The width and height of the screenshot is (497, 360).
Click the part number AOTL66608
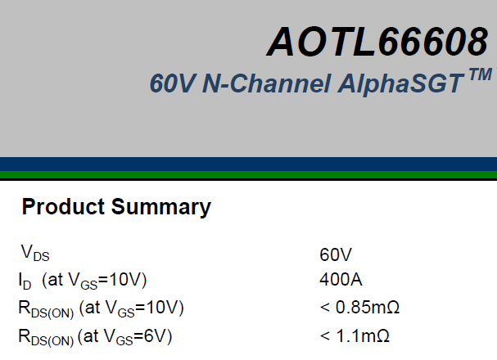(377, 42)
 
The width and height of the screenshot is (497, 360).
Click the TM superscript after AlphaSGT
(481, 75)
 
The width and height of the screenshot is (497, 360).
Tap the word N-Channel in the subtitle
(267, 83)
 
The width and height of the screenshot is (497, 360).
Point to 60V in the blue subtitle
(173, 83)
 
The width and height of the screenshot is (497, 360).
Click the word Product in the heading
(63, 206)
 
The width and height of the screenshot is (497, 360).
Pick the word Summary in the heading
(161, 207)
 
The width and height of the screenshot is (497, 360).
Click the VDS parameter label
(35, 253)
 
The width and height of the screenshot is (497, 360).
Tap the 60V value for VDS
(336, 254)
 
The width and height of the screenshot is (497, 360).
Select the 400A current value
(341, 280)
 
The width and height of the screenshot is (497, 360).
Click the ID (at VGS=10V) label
(83, 281)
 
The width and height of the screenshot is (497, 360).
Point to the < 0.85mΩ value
(359, 308)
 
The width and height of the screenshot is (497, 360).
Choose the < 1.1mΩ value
(355, 335)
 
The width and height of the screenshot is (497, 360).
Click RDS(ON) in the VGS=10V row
(46, 308)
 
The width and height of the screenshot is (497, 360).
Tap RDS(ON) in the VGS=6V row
(46, 337)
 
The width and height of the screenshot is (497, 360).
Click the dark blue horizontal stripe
(249, 164)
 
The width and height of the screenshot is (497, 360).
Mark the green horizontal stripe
(249, 175)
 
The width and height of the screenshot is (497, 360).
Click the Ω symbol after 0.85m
(393, 308)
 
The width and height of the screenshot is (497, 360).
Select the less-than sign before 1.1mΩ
(325, 336)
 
